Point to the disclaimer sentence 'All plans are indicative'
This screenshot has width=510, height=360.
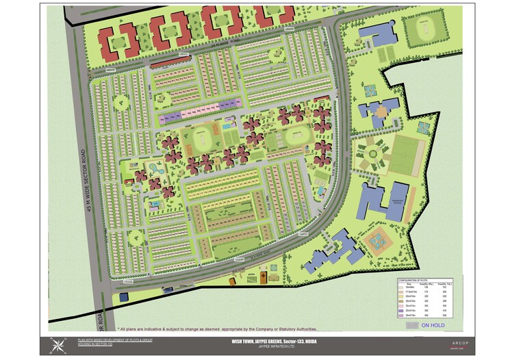click(226, 329)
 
